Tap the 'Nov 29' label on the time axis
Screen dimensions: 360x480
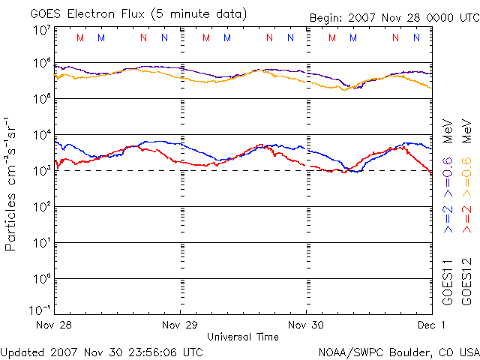pyautogui.click(x=181, y=325)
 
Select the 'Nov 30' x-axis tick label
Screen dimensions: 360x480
pyautogui.click(x=307, y=325)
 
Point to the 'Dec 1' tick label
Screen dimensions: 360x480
pyautogui.click(x=432, y=325)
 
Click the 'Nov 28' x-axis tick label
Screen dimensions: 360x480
pyautogui.click(x=55, y=325)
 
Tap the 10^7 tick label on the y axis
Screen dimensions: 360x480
pyautogui.click(x=41, y=31)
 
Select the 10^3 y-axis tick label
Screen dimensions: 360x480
pyautogui.click(x=41, y=171)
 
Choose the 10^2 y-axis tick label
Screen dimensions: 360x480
pyautogui.click(x=41, y=207)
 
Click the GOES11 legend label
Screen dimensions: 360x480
pyautogui.click(x=448, y=282)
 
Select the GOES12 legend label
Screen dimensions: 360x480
pyautogui.click(x=466, y=282)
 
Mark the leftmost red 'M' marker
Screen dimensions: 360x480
pyautogui.click(x=80, y=37)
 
